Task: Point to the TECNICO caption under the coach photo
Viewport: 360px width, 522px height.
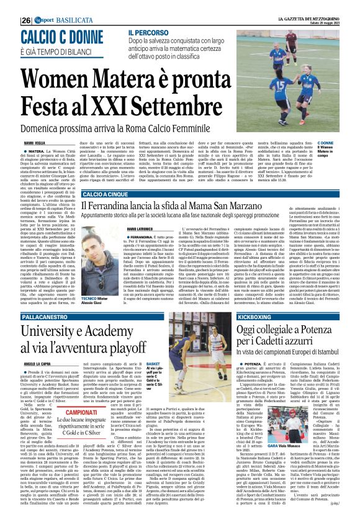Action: pos(88,298)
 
